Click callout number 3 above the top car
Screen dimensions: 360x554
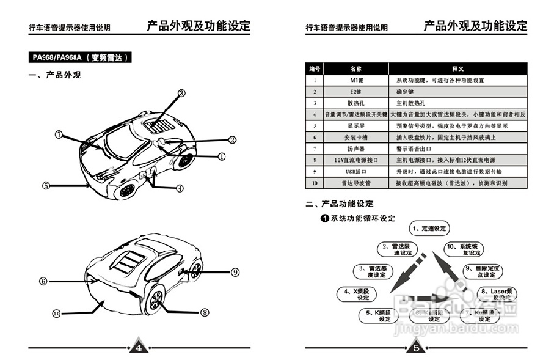point(181,93)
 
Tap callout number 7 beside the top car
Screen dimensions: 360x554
point(59,134)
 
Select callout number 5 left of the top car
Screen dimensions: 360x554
point(46,185)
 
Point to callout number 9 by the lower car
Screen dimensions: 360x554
point(235,272)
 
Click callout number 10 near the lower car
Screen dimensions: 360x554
point(56,314)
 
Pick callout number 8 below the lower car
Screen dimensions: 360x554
point(205,312)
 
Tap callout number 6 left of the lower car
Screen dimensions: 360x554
point(43,282)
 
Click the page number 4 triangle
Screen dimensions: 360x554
point(139,348)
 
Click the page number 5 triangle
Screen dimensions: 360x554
point(415,348)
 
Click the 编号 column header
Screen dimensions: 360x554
point(315,68)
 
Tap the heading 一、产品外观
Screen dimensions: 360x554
point(55,75)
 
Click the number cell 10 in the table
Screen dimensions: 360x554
point(315,183)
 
